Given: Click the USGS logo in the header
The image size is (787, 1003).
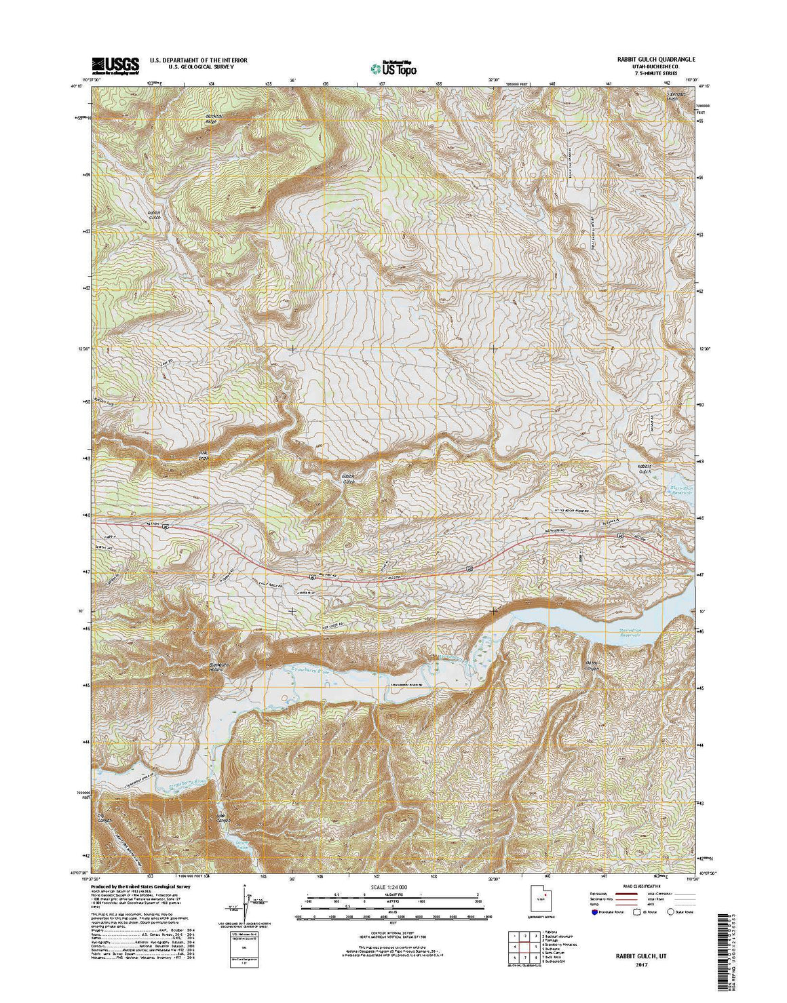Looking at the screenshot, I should pyautogui.click(x=115, y=64).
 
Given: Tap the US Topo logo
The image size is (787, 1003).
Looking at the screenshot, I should pyautogui.click(x=394, y=67).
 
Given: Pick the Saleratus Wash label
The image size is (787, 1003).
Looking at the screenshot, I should pyautogui.click(x=676, y=95).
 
